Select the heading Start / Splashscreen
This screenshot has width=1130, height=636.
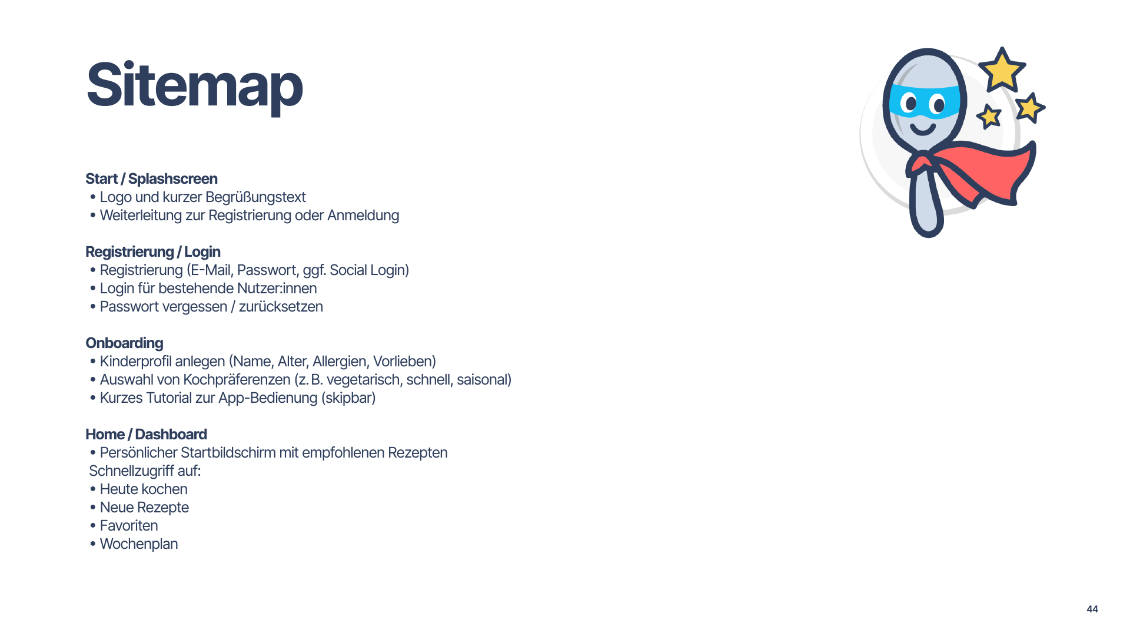pos(151,179)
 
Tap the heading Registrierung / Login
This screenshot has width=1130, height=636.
pos(153,252)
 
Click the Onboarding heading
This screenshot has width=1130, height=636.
pos(124,343)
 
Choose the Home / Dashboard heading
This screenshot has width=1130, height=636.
pos(146,435)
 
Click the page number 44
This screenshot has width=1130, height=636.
pos(1092,609)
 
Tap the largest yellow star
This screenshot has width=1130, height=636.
pos(1002,71)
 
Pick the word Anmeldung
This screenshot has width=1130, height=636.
pos(363,216)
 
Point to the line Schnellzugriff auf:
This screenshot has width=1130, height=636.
pos(145,471)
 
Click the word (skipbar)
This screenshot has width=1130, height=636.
pos(348,398)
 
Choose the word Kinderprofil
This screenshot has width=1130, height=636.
pos(133,362)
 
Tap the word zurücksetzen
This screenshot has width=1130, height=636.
pos(281,307)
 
